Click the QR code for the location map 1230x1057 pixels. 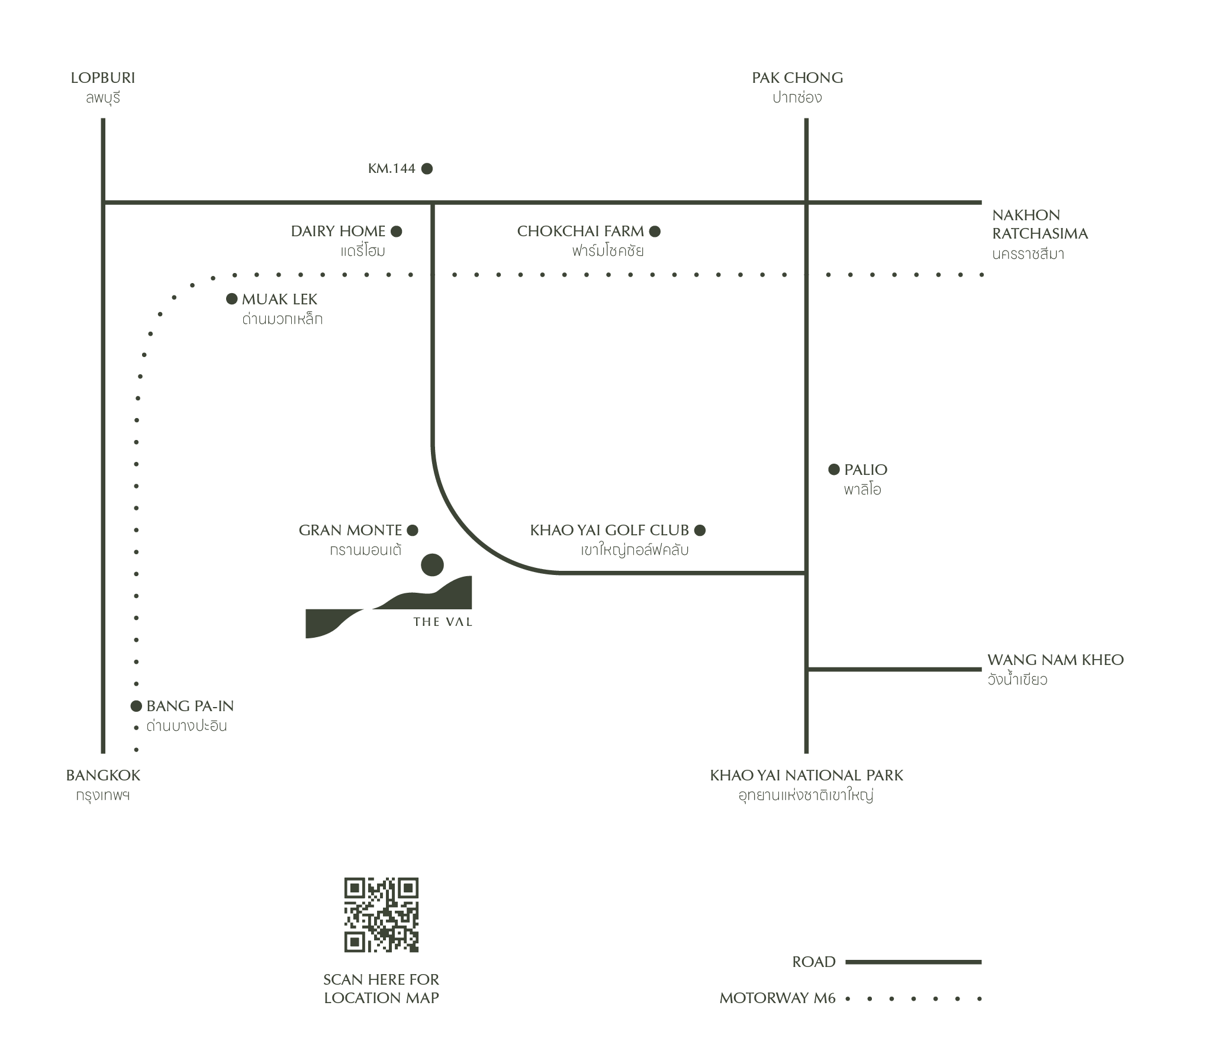click(381, 914)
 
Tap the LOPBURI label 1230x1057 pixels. click(103, 78)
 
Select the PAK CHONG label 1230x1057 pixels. click(797, 78)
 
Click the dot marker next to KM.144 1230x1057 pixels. click(427, 169)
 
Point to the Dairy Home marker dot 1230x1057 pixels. click(397, 232)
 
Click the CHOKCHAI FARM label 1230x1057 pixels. click(580, 231)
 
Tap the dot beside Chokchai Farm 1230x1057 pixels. click(655, 232)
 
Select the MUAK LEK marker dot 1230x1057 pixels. click(232, 299)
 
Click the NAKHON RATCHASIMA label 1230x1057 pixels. click(1039, 224)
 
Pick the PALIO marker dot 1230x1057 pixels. click(834, 470)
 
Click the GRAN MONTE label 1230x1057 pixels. click(350, 531)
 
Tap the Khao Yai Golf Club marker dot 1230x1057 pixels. click(700, 531)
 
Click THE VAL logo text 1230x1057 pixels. click(443, 622)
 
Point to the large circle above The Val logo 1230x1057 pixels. click(432, 565)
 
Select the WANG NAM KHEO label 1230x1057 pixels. click(1055, 660)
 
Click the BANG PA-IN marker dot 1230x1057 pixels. click(137, 706)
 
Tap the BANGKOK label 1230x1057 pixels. click(104, 775)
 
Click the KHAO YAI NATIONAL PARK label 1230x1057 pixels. click(806, 775)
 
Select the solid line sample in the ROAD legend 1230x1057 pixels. click(913, 962)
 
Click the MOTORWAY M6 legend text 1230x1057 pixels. click(777, 998)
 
